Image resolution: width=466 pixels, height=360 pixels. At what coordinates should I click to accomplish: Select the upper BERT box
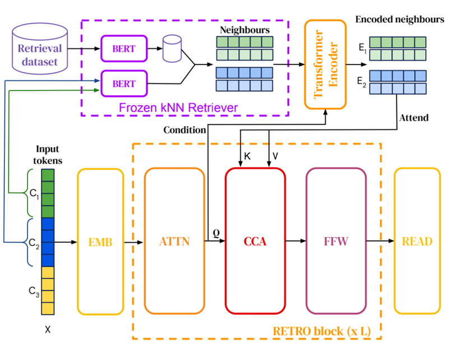click(123, 49)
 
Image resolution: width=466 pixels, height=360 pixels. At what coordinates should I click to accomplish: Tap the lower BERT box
click(123, 84)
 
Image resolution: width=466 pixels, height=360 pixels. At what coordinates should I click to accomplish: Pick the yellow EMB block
click(100, 242)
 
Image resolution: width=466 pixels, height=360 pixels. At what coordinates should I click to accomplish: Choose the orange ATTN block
click(174, 242)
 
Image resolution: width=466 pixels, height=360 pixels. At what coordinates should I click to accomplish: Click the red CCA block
click(255, 242)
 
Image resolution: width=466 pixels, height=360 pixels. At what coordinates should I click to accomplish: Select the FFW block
click(335, 242)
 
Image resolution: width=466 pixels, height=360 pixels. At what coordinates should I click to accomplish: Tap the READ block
click(417, 242)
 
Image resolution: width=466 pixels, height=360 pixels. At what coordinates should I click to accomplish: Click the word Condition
click(184, 130)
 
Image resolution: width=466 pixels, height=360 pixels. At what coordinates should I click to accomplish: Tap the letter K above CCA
click(247, 157)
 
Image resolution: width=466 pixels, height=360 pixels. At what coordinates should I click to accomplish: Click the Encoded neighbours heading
click(400, 20)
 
